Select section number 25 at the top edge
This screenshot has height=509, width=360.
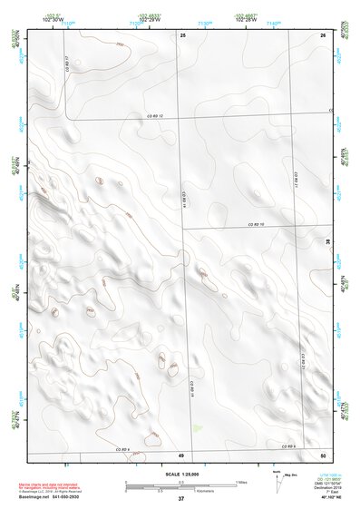coord(183,34)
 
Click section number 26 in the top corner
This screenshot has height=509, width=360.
coord(322,34)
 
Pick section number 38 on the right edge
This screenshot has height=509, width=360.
coord(328,241)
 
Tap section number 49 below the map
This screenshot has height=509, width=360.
coord(181,455)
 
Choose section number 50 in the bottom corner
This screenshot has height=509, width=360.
coord(322,455)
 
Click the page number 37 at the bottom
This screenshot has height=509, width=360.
coord(181,499)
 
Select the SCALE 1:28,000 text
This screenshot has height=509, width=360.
coord(181,472)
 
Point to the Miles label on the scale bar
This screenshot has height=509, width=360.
coord(240,481)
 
